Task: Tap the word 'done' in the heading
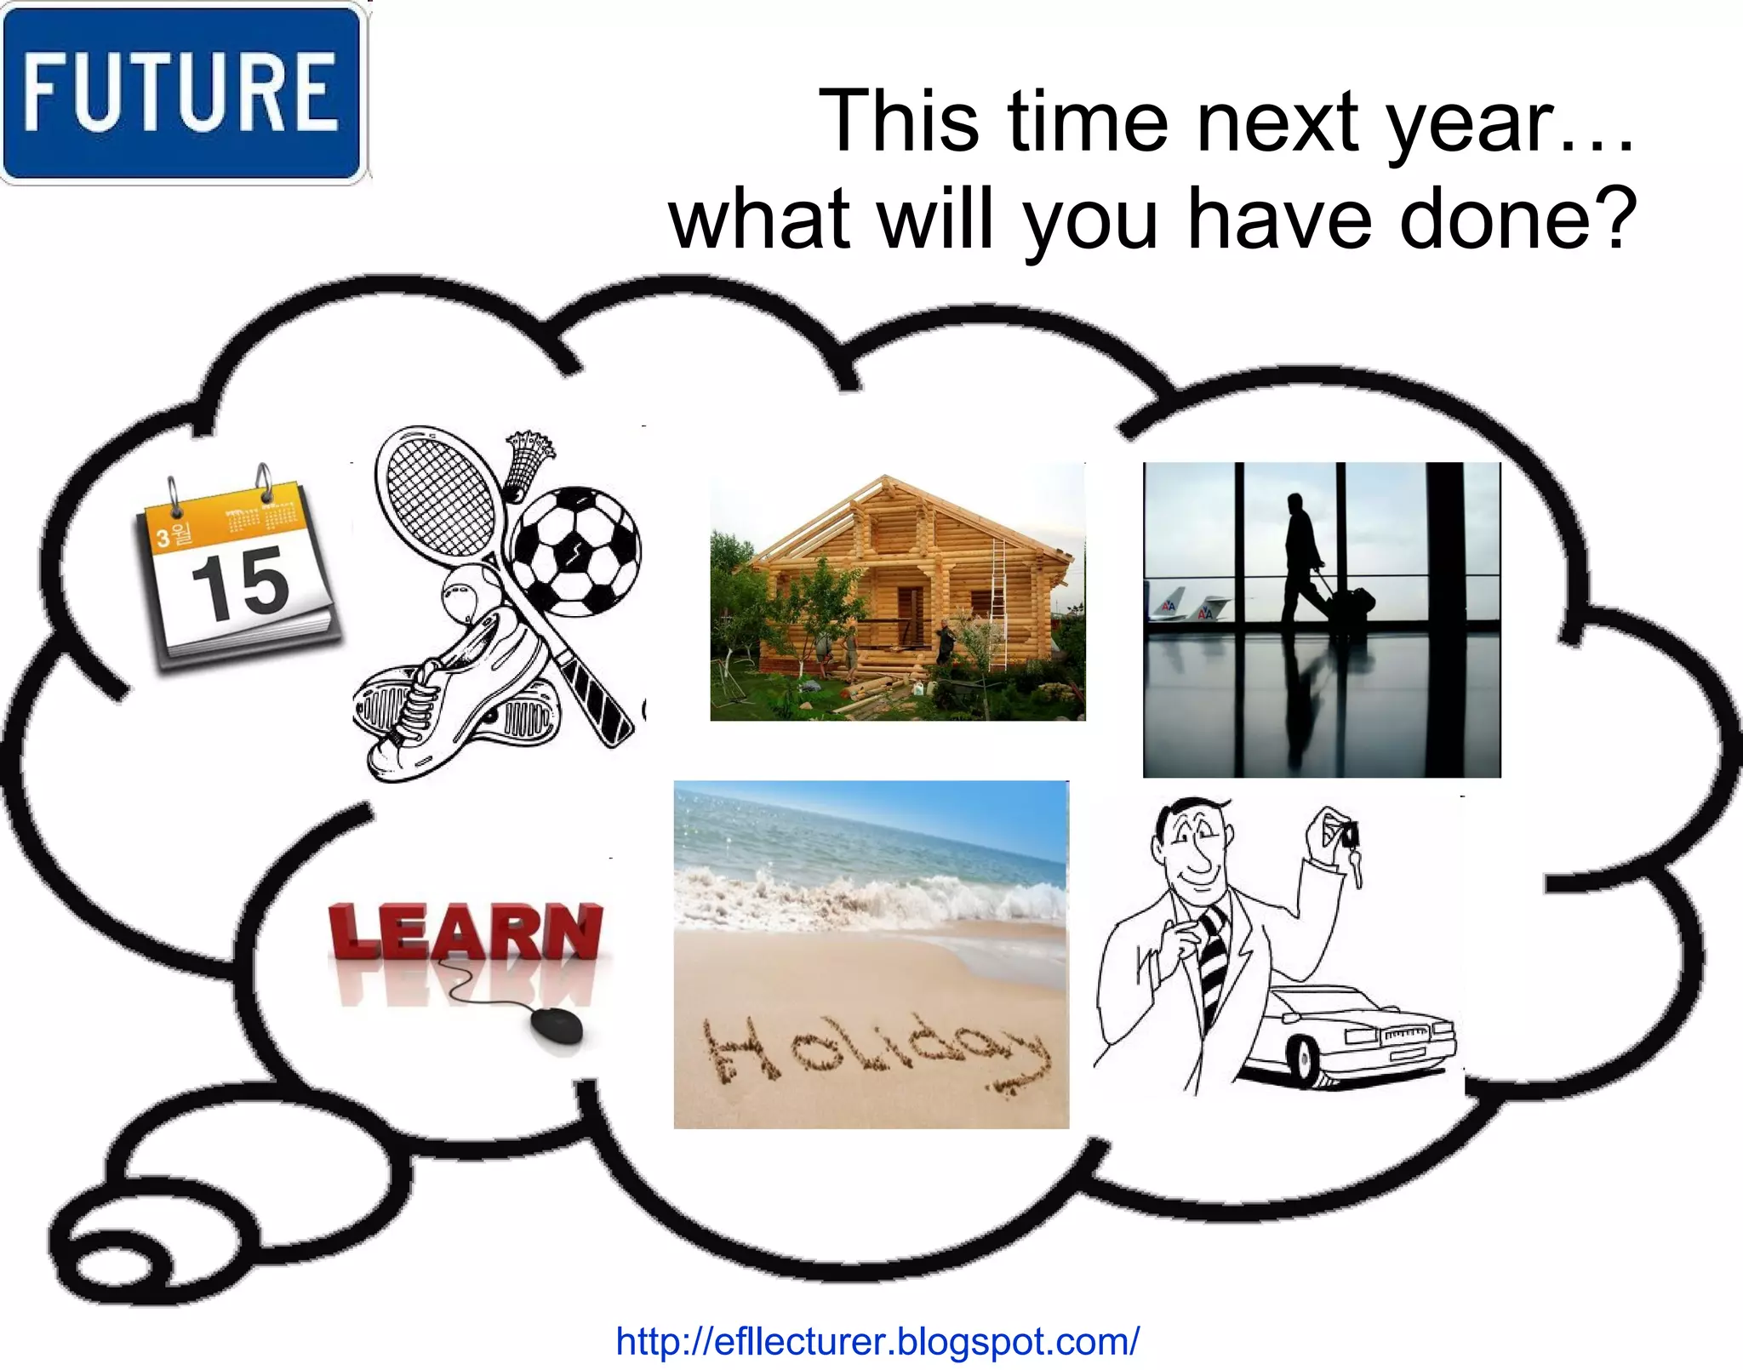click(x=1494, y=220)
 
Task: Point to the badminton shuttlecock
click(x=527, y=463)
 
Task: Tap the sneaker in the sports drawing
click(x=451, y=698)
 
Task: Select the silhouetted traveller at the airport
click(x=1300, y=553)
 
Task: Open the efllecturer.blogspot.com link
click(x=877, y=1342)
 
